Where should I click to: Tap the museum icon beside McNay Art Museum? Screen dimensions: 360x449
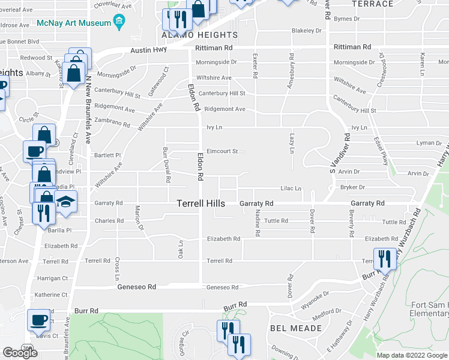[x=119, y=23]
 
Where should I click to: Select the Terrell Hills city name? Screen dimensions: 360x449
[x=201, y=204]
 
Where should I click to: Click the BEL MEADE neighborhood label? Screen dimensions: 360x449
[x=295, y=328]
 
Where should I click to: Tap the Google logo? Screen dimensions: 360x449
[x=20, y=353]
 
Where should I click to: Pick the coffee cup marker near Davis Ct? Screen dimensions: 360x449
[x=39, y=320]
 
